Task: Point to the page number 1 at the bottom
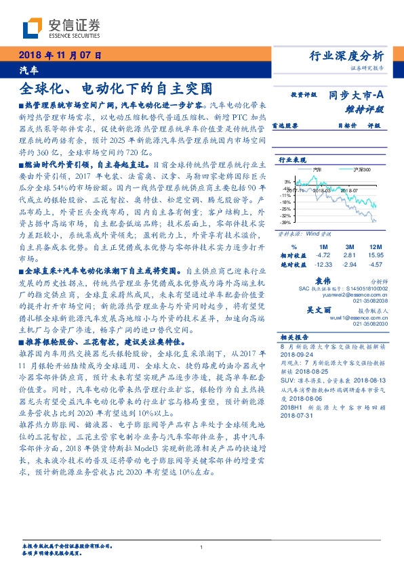(x=202, y=548)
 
